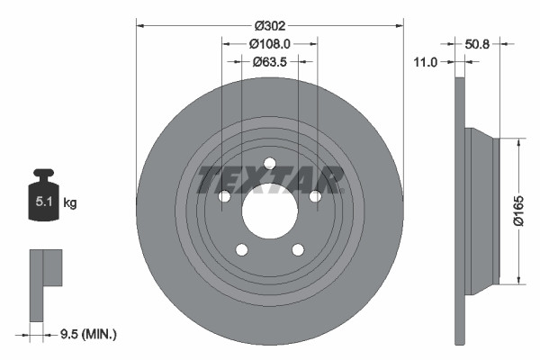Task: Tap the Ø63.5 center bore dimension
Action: [269, 62]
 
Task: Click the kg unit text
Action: [69, 203]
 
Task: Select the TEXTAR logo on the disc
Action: [270, 179]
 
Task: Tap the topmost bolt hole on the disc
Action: [269, 163]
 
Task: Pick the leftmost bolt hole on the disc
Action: [223, 196]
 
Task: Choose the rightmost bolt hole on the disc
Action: [315, 196]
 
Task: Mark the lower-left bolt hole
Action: [241, 251]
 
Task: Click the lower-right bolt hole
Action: [298, 251]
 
